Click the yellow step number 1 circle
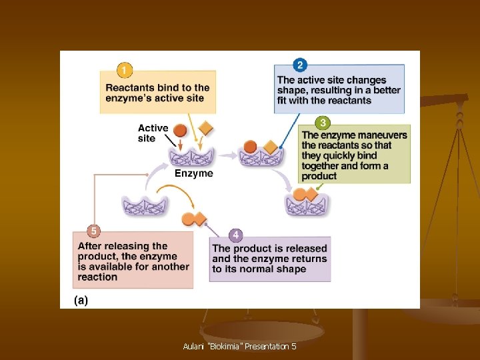[123, 69]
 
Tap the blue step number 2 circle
[300, 65]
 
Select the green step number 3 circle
[323, 123]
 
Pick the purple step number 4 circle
[235, 235]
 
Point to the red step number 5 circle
[94, 231]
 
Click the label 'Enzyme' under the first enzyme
[194, 173]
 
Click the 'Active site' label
[153, 133]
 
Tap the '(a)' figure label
[81, 300]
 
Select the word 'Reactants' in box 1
[131, 87]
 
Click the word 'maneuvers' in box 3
[384, 135]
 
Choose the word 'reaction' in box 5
[97, 277]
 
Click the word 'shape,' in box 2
[292, 91]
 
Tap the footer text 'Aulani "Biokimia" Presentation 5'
[239, 347]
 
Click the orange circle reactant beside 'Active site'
[180, 130]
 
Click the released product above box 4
[193, 218]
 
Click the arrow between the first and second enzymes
[229, 155]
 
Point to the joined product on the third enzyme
[305, 195]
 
